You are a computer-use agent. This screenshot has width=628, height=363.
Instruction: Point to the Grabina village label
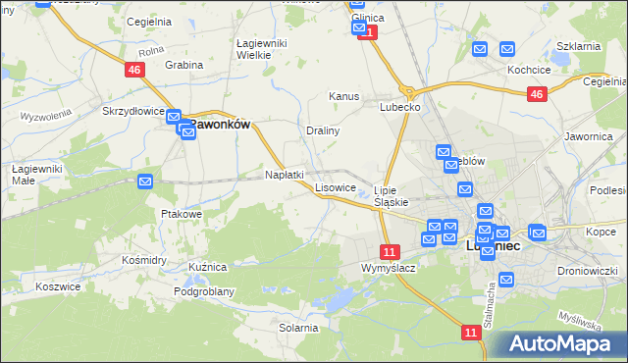click(183, 65)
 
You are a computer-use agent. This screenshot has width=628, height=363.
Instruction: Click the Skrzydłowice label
click(133, 112)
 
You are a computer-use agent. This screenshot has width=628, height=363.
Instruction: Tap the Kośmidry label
click(143, 260)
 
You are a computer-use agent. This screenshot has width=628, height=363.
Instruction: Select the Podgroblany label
click(203, 291)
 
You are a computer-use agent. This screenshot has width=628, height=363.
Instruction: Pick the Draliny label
click(323, 130)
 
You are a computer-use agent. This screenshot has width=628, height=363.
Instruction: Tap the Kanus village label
click(343, 97)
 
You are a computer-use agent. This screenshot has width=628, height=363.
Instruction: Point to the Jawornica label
click(588, 137)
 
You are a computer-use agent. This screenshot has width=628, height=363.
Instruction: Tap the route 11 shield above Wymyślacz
click(390, 251)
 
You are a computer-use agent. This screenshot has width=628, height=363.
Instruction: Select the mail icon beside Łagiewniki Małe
click(145, 181)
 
